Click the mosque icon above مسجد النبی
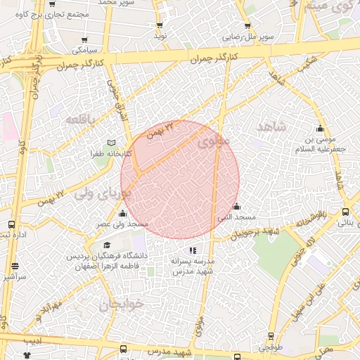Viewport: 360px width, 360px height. point(236,207)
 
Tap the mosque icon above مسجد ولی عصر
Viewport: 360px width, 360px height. point(123,213)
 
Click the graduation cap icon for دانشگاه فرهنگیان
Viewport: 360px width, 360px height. point(107,245)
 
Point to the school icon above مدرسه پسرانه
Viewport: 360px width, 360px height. point(193,250)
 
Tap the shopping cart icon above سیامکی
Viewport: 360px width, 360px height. point(85,40)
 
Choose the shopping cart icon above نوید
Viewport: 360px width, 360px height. point(160,25)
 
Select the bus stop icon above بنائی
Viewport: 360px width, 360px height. point(345,212)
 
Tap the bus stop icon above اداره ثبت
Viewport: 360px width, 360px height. point(11,225)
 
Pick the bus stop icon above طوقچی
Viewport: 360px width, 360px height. point(271,337)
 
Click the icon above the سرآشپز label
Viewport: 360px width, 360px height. point(15,266)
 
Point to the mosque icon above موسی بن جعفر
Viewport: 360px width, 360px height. point(321,128)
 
